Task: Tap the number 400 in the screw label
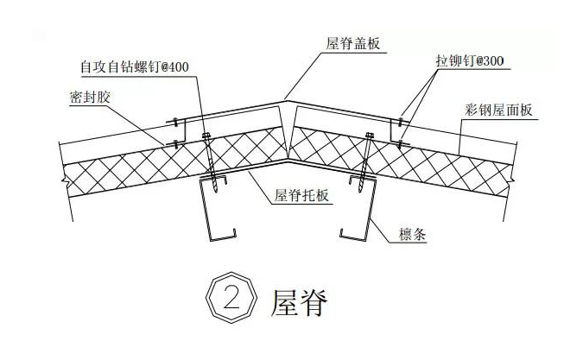174,66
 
